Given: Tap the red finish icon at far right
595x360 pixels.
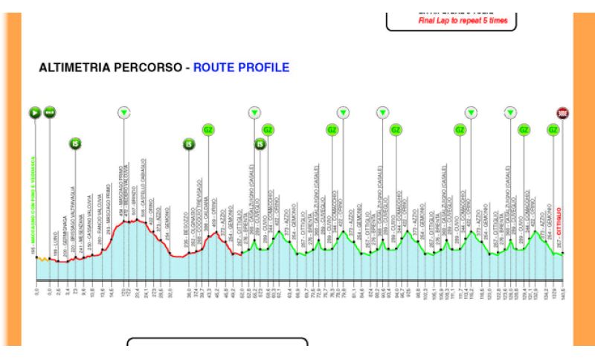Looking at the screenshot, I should (x=563, y=113).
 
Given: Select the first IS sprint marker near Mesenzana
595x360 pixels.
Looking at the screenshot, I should (x=75, y=144).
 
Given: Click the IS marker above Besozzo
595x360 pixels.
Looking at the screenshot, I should (x=189, y=144).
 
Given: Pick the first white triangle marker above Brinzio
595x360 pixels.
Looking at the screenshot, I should (x=124, y=113).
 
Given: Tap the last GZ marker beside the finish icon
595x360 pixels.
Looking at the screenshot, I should (x=553, y=129).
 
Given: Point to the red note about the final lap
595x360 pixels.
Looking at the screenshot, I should (x=463, y=20).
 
